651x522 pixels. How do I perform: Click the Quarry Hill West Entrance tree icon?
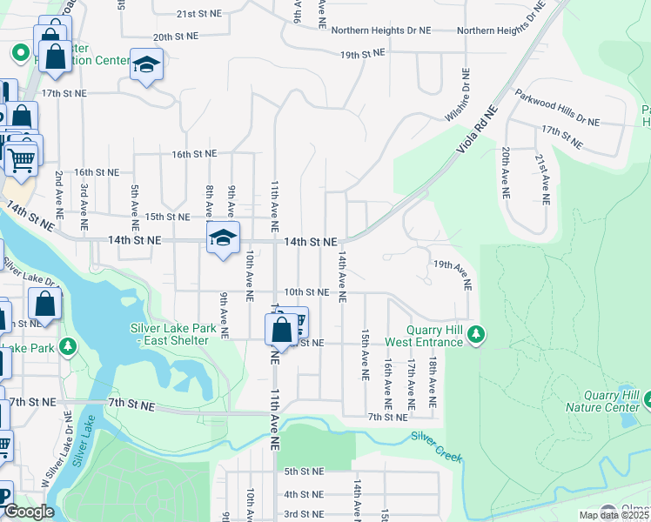click(475, 335)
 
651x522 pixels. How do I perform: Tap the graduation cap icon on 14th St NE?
click(223, 238)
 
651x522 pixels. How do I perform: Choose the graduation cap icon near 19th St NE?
click(147, 64)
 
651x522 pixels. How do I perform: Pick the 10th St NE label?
click(305, 292)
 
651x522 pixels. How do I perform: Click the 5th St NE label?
click(304, 471)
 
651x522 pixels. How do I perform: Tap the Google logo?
click(29, 512)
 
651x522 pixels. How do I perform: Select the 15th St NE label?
click(166, 217)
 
